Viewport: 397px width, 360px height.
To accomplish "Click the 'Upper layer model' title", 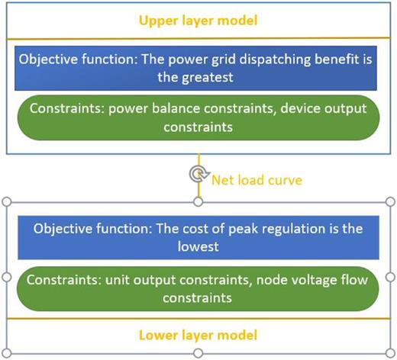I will pyautogui.click(x=198, y=19).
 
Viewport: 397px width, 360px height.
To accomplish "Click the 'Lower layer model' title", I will pyautogui.click(x=198, y=335).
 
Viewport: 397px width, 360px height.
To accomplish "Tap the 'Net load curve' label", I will pyautogui.click(x=247, y=180).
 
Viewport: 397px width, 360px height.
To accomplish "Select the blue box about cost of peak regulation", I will pyautogui.click(x=198, y=238).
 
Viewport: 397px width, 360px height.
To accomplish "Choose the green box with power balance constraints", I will pyautogui.click(x=198, y=117).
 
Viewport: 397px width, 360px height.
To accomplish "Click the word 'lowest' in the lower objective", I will pyautogui.click(x=198, y=247).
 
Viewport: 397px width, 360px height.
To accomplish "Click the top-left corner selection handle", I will pyautogui.click(x=7, y=201).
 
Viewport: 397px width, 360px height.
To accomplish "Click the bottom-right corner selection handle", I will pyautogui.click(x=389, y=352).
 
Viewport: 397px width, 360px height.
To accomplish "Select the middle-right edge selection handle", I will pyautogui.click(x=389, y=277).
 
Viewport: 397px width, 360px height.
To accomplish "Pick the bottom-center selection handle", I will pyautogui.click(x=198, y=352).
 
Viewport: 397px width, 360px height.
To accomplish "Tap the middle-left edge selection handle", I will pyautogui.click(x=7, y=277).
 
